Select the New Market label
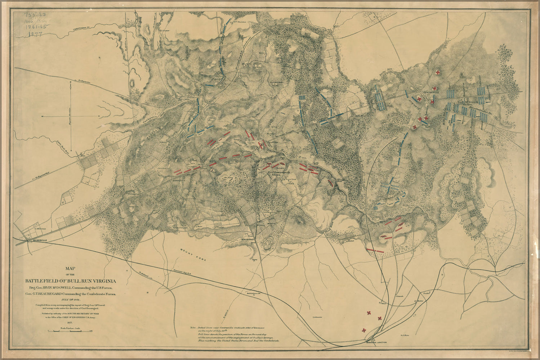pyautogui.click(x=248, y=239)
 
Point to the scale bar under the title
pyautogui.click(x=72, y=331)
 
